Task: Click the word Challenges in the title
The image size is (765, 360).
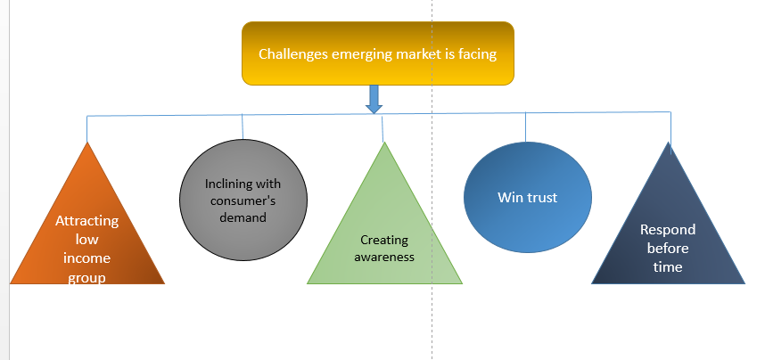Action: tap(292, 53)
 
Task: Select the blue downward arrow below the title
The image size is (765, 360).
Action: tap(374, 98)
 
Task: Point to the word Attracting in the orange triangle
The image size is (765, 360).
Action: tap(86, 221)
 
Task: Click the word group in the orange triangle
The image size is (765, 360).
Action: tap(86, 277)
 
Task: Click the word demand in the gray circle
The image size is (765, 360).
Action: tap(243, 217)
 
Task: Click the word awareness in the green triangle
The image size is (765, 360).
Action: tap(383, 257)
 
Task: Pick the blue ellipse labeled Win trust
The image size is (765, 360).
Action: tap(527, 198)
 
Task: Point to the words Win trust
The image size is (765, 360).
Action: tap(527, 197)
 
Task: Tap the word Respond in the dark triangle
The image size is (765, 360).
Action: tap(668, 229)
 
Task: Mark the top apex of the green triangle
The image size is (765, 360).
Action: tap(384, 143)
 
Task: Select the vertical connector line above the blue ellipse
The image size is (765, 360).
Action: tap(525, 127)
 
